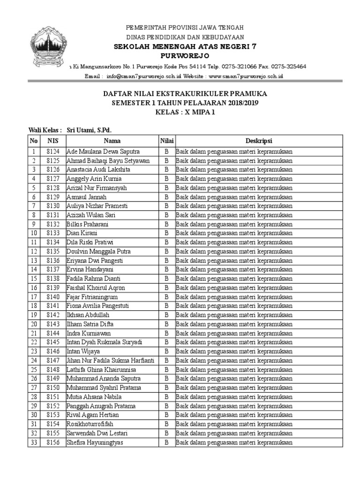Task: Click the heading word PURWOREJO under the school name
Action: point(180,56)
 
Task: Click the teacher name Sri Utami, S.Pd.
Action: point(89,130)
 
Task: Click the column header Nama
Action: point(112,141)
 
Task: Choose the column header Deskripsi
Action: point(259,141)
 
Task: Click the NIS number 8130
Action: point(53,206)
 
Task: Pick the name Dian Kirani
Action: point(82,233)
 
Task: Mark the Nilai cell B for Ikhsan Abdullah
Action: point(166,315)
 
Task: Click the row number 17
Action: point(34,297)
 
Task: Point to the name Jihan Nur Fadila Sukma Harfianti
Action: point(111,360)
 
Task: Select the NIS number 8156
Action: point(53,442)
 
